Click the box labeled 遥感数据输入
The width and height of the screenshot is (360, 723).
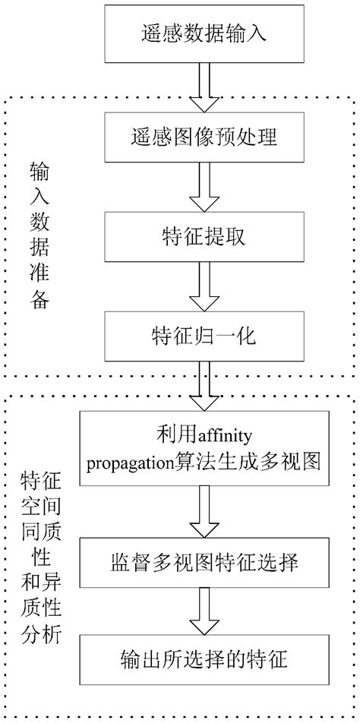click(203, 33)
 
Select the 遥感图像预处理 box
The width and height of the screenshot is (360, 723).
click(203, 137)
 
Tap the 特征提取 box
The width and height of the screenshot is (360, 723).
click(203, 237)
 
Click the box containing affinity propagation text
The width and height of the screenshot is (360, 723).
click(203, 448)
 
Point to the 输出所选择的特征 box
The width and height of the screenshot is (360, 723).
click(203, 658)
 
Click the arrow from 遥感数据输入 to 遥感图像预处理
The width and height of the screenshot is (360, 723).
click(203, 86)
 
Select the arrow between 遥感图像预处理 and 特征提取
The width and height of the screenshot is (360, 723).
click(203, 187)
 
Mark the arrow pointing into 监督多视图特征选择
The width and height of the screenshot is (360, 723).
click(203, 511)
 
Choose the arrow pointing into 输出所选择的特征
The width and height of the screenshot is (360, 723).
click(203, 610)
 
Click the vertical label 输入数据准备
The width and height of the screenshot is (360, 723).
click(39, 235)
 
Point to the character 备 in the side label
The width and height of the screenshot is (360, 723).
click(39, 298)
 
